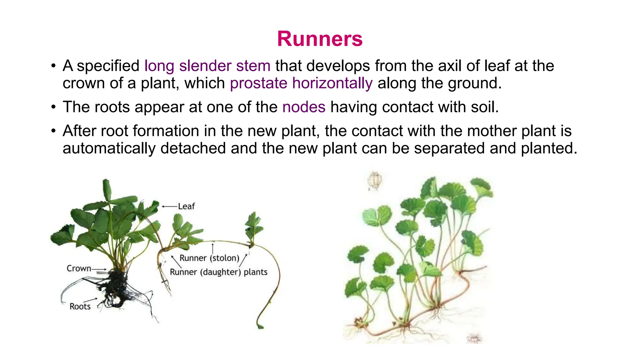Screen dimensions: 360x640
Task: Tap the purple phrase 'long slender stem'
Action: (207, 66)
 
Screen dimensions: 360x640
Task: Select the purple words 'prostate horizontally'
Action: (301, 83)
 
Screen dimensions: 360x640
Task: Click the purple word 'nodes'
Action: (304, 107)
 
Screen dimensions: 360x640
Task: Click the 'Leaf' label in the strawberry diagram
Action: (186, 206)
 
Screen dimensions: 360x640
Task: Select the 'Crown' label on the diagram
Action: (79, 268)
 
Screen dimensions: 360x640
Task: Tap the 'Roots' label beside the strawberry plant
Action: (80, 307)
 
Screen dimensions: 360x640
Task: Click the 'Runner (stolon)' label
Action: (209, 258)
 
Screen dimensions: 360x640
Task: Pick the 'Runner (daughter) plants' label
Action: (218, 272)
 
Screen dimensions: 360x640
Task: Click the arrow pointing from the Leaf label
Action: (169, 206)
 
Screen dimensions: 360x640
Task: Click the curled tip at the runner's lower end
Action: (260, 326)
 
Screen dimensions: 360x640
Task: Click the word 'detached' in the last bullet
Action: (197, 148)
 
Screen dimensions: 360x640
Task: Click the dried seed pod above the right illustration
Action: (375, 181)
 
